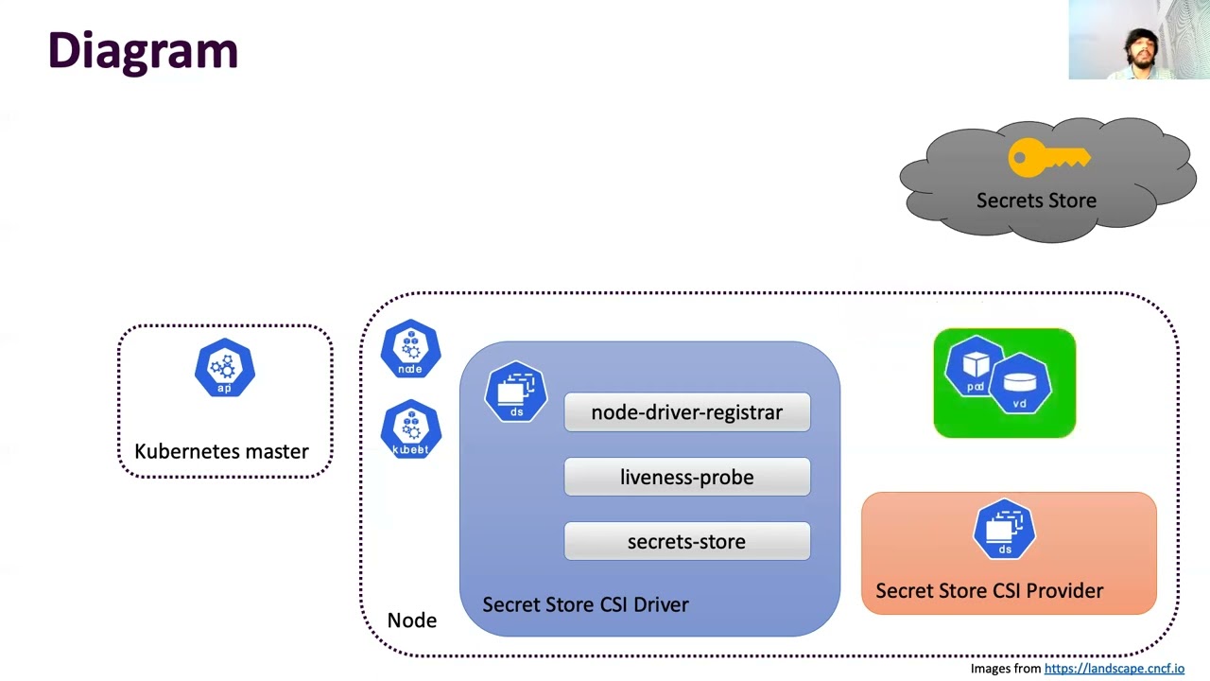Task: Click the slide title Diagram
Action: point(143,51)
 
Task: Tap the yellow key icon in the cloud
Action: point(1047,159)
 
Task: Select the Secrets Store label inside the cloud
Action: point(1036,201)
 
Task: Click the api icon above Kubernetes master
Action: point(225,368)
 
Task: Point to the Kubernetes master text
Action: point(221,451)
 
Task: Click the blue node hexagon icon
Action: point(410,350)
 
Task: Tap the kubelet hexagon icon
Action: point(410,430)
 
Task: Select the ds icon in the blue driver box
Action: point(516,392)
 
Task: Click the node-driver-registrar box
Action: point(686,412)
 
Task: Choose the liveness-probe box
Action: point(686,478)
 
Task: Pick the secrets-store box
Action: point(686,542)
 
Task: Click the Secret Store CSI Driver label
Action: point(585,604)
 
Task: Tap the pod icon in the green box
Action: point(975,368)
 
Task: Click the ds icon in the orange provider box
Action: point(1004,530)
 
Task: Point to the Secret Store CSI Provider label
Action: point(989,591)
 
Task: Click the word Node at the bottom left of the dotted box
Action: point(412,620)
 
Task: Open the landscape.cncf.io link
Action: point(1114,669)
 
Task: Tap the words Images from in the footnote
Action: point(1005,669)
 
